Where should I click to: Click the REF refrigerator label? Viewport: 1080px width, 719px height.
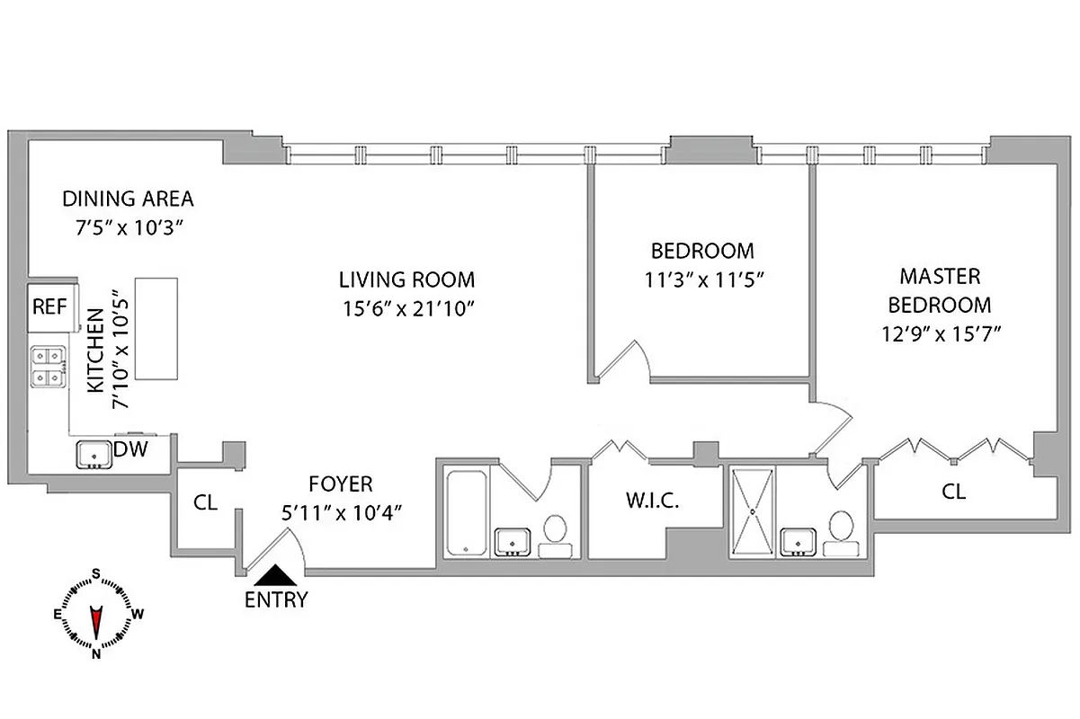tap(49, 306)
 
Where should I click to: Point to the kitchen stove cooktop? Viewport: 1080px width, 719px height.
tap(49, 368)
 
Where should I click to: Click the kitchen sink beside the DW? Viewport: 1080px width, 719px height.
tap(93, 456)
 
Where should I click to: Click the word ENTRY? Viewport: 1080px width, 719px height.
tap(276, 599)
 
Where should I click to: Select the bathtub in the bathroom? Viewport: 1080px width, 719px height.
tap(466, 510)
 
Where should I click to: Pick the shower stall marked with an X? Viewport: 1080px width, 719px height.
tap(754, 510)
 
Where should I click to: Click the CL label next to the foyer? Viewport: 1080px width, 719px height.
tap(206, 502)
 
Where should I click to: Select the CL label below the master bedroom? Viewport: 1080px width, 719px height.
tap(953, 492)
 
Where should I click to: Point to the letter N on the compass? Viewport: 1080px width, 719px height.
tap(95, 654)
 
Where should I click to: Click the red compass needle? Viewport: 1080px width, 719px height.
tap(95, 621)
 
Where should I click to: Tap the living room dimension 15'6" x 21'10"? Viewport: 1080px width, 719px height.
tap(406, 307)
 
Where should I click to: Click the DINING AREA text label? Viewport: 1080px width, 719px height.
tap(129, 199)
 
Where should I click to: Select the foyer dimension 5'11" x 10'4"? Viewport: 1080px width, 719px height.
tap(341, 512)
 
